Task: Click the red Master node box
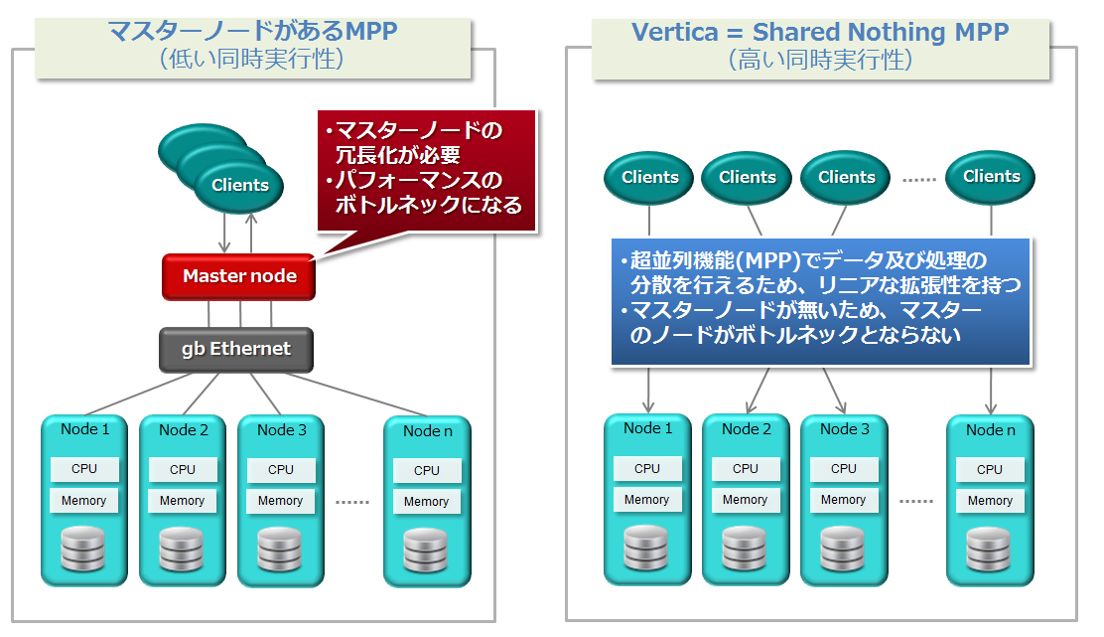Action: click(238, 276)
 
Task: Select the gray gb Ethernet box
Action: click(236, 349)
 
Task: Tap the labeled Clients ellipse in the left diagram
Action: click(240, 185)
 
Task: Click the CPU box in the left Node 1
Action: click(84, 469)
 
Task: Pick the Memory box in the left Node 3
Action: click(280, 501)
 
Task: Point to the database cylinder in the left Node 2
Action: click(182, 550)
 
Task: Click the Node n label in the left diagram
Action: click(427, 431)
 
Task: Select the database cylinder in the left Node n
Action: click(427, 551)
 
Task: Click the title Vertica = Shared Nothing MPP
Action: click(820, 32)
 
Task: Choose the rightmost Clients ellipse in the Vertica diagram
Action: click(991, 177)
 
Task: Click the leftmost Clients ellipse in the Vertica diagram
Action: click(649, 178)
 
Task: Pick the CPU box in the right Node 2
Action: click(745, 468)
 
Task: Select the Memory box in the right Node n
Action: click(990, 501)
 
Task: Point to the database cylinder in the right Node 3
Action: click(843, 549)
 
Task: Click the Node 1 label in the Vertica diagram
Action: click(647, 428)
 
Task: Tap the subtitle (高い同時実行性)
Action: click(819, 60)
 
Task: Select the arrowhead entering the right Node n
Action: click(991, 408)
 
